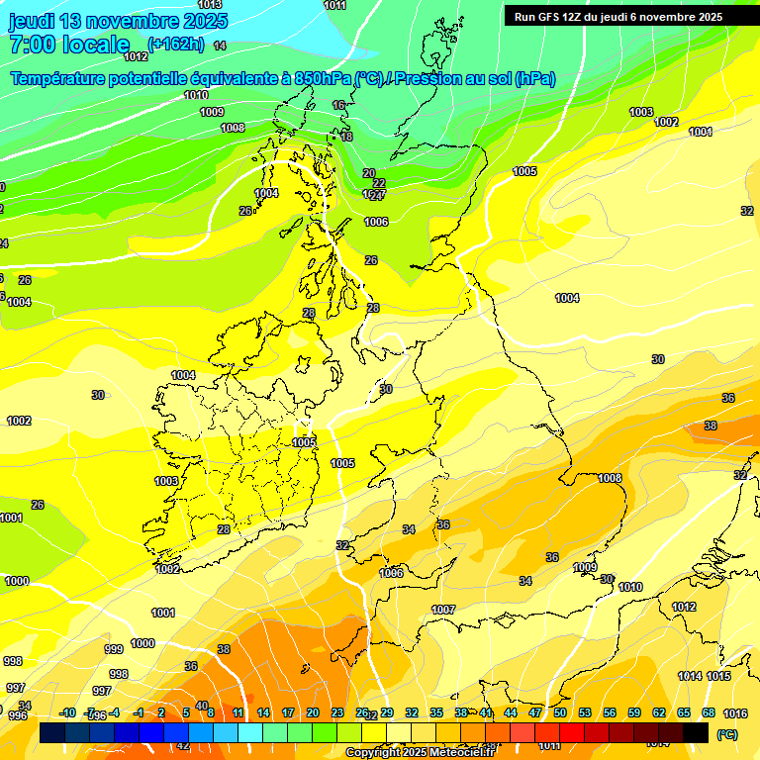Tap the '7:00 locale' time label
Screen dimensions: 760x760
click(x=69, y=45)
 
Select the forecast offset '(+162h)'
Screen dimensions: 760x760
click(x=175, y=44)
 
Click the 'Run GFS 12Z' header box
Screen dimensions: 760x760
click(x=618, y=16)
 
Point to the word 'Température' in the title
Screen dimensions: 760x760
click(x=60, y=78)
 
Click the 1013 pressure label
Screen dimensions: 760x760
click(x=210, y=5)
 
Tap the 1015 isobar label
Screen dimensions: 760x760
click(x=719, y=676)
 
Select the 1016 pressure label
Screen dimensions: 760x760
click(x=735, y=713)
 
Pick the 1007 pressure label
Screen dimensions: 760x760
click(x=443, y=610)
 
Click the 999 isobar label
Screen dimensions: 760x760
click(x=114, y=649)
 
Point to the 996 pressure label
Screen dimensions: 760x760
click(x=18, y=715)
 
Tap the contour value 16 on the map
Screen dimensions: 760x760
click(x=339, y=105)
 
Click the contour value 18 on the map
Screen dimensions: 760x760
click(x=346, y=137)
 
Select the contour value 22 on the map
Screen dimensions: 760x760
click(x=379, y=183)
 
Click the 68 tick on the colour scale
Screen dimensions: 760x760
click(x=709, y=713)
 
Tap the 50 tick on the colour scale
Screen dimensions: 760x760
click(x=560, y=713)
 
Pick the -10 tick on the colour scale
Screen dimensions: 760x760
click(x=67, y=713)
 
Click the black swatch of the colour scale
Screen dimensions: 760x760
click(x=696, y=732)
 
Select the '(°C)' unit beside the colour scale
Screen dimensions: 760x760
click(x=727, y=734)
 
